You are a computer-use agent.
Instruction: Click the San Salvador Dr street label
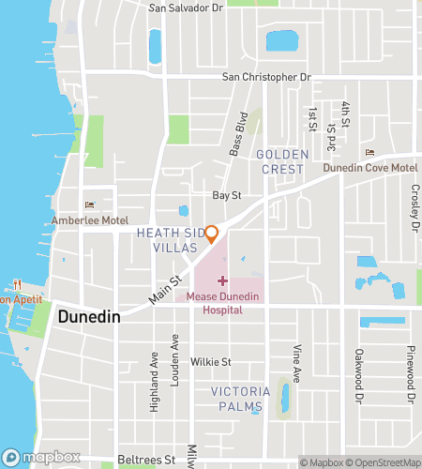pos(186,8)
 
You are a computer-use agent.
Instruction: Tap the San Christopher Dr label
pos(265,77)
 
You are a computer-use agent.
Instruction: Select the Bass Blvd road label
pos(238,134)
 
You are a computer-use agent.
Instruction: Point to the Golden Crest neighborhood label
pos(279,161)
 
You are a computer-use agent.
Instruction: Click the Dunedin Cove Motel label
pos(369,168)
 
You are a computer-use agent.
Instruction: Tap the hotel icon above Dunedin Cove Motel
pos(369,154)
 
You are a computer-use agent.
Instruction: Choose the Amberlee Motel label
pos(90,219)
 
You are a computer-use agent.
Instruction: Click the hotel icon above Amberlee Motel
pos(90,205)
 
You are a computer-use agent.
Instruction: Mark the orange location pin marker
pos(212,233)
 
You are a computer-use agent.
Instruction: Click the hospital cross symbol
pos(221,280)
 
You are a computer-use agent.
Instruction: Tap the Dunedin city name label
pos(88,318)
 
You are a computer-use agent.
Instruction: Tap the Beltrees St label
pos(146,461)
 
